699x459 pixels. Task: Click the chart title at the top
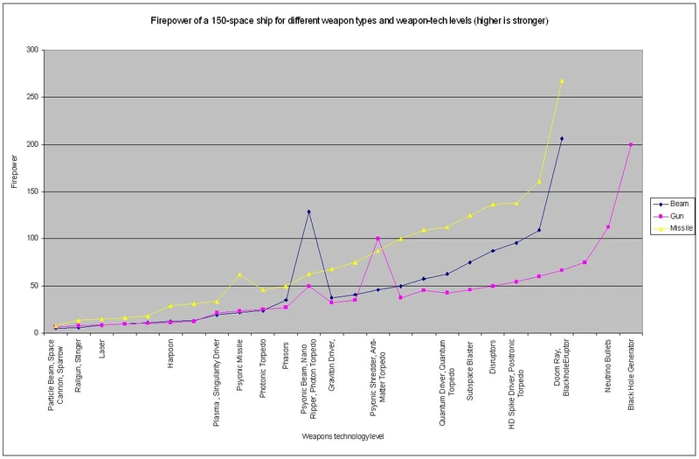point(350,20)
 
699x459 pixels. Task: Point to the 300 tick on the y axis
point(33,50)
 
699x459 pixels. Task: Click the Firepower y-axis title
point(14,191)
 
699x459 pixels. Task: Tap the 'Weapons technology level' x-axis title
point(343,435)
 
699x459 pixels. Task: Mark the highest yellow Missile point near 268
point(562,80)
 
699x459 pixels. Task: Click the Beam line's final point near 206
point(562,138)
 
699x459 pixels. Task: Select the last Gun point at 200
point(631,144)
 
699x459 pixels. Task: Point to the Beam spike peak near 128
point(308,212)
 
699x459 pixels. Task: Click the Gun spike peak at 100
point(377,238)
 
